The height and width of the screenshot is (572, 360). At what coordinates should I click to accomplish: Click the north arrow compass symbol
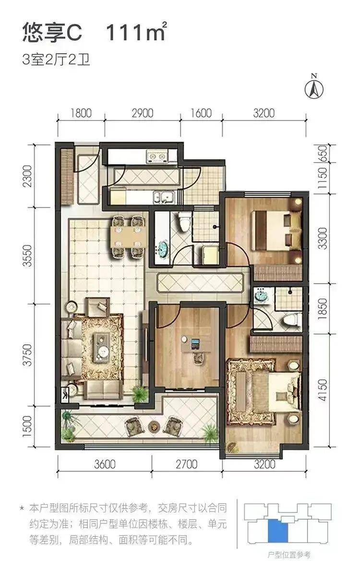313,87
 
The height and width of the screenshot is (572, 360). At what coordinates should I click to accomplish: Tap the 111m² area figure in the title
136,33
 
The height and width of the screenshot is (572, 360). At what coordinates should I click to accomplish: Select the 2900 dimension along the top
142,113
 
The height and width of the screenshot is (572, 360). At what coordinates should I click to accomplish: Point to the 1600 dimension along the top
201,113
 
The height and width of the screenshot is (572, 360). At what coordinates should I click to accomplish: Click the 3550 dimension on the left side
28,256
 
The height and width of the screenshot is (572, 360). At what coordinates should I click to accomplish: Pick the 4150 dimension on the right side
323,390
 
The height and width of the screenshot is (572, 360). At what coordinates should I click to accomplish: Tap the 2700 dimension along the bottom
186,464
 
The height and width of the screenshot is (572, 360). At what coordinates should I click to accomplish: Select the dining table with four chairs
127,237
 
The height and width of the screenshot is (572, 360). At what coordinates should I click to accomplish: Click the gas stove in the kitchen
157,157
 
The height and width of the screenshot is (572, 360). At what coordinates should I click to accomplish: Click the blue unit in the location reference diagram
278,531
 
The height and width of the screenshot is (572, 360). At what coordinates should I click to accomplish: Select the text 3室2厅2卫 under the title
56,60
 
